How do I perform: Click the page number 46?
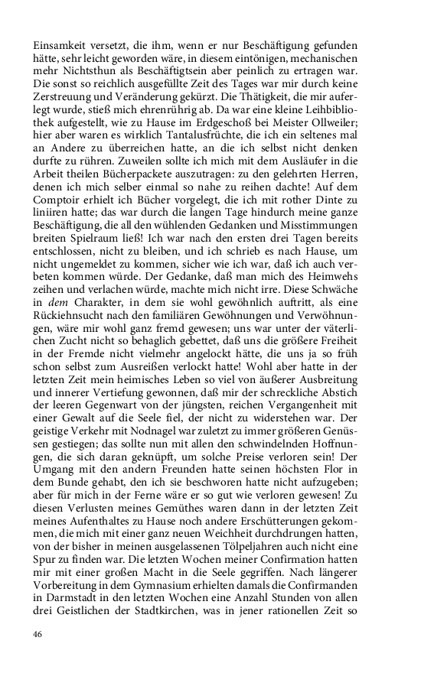[x=38, y=634]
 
